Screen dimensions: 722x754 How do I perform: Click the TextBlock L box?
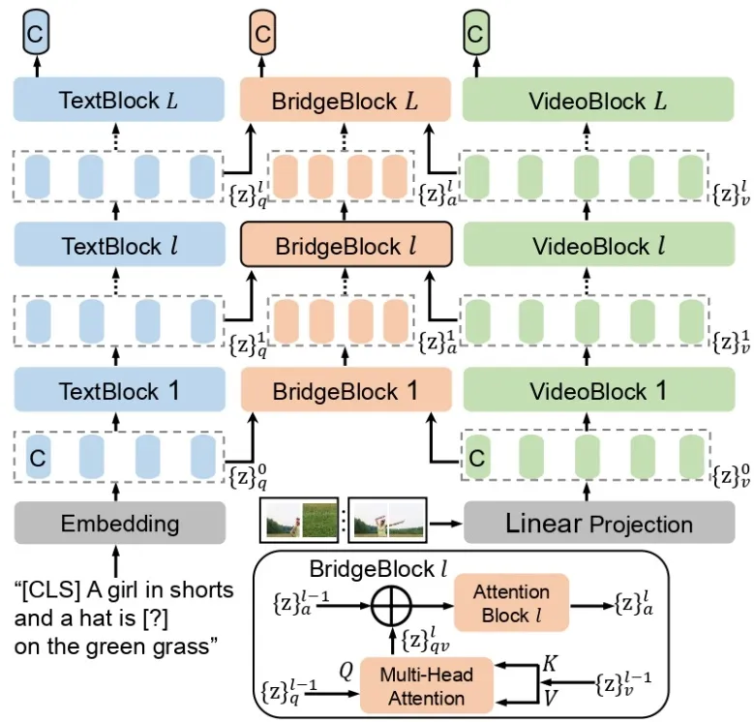(x=119, y=100)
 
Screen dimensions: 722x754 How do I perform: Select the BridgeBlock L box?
(x=346, y=100)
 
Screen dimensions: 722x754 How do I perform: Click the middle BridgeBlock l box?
(x=346, y=246)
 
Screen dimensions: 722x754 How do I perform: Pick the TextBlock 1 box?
(x=119, y=391)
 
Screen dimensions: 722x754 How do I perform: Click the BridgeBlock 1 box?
(x=346, y=391)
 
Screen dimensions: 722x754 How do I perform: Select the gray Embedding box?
(x=119, y=524)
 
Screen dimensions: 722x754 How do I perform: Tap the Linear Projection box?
(x=598, y=524)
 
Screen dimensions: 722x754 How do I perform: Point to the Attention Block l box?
(x=510, y=603)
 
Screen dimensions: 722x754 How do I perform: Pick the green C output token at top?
(x=474, y=35)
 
